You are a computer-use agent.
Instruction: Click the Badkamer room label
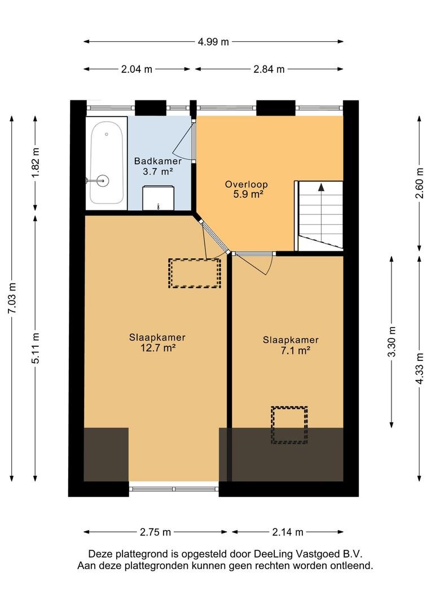[158, 161]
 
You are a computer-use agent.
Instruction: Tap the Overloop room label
[247, 184]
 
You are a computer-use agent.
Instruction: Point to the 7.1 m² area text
[296, 351]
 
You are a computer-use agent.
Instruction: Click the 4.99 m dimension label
[213, 42]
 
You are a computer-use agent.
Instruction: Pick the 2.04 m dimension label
[137, 69]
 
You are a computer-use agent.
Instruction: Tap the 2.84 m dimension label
[269, 69]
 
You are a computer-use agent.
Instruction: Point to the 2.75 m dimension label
[156, 532]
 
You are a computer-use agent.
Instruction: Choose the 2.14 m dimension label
[288, 532]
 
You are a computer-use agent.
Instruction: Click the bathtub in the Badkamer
[107, 163]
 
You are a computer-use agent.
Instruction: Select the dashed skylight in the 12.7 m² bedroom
[194, 273]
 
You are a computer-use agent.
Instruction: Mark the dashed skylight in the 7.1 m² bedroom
[289, 425]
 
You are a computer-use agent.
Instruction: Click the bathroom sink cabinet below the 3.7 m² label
[158, 198]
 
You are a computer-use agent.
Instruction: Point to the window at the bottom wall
[174, 489]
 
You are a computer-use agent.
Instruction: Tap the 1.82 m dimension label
[36, 163]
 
